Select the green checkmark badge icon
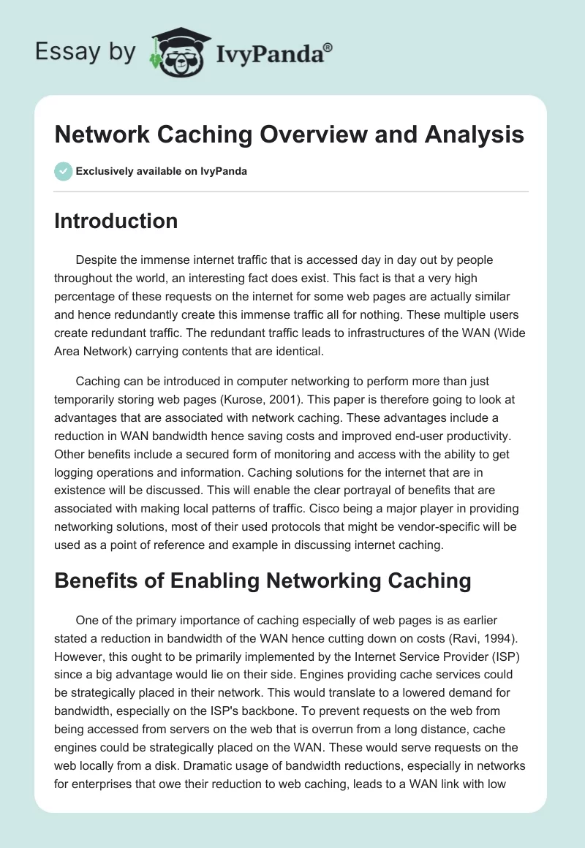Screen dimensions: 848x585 (63, 171)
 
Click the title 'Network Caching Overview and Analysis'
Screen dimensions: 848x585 (289, 135)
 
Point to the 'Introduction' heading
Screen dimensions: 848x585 (116, 222)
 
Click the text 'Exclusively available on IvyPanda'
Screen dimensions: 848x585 (161, 171)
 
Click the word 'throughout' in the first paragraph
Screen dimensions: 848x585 (84, 279)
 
